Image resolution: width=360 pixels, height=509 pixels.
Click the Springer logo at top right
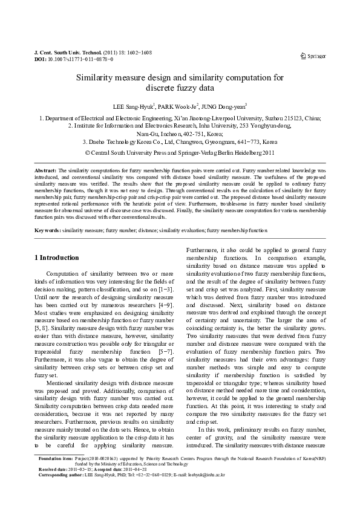pos(313,56)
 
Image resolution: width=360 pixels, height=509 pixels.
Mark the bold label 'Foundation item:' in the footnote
pos(55,476)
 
